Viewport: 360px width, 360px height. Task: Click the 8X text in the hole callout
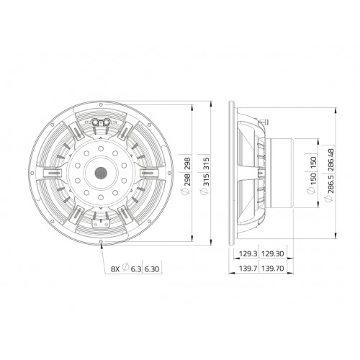[115, 269]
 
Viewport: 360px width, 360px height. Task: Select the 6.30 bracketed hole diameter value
[152, 269]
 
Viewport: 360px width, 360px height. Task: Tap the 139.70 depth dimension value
[273, 269]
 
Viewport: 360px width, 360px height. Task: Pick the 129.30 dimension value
[273, 253]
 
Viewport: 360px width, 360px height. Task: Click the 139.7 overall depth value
[248, 269]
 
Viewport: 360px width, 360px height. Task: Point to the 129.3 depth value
[248, 253]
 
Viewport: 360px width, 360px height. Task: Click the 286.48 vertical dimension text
[331, 160]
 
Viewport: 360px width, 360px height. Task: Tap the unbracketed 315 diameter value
[206, 179]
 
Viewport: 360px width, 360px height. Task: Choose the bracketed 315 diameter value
[206, 163]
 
